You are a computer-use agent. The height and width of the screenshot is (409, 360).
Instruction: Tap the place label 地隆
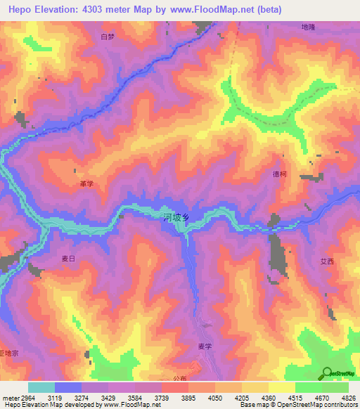(x=308, y=27)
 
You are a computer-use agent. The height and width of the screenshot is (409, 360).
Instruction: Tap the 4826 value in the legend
(x=349, y=398)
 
